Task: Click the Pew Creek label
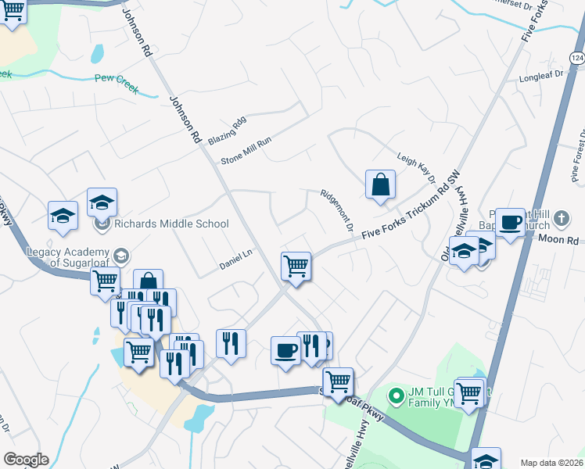[115, 78]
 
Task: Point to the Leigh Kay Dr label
[415, 168]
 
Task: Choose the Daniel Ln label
[235, 260]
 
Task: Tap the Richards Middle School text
[171, 224]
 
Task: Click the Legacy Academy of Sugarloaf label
[77, 257]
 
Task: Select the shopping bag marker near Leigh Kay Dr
[380, 185]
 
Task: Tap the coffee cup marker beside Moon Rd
[511, 222]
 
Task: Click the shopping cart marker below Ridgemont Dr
[296, 266]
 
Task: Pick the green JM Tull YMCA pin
[396, 395]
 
